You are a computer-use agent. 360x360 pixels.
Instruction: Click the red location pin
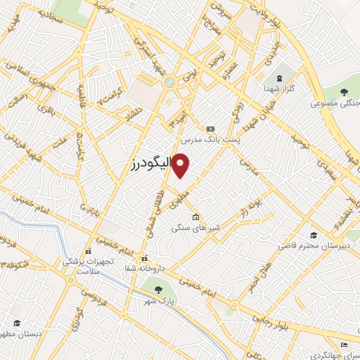coord(181,165)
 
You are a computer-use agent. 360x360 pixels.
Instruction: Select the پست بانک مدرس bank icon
coord(210,129)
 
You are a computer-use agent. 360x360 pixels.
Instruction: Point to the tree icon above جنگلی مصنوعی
coord(344,92)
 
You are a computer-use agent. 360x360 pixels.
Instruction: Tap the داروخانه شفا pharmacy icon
coord(145,257)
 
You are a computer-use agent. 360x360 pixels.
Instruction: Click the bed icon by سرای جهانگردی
coord(343,344)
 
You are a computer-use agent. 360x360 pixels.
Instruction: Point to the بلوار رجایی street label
coord(274,320)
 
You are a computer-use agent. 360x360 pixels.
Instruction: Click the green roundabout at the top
coord(169,83)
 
